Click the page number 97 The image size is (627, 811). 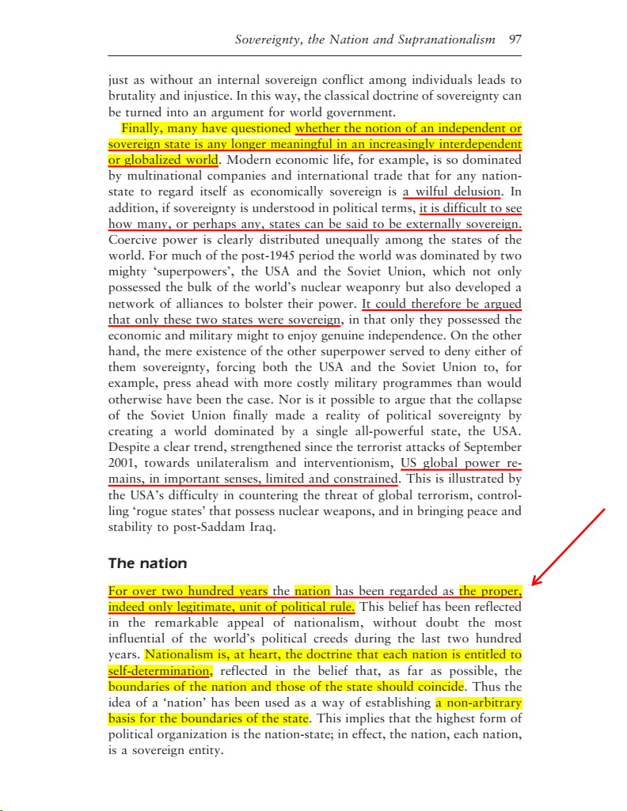[x=514, y=39]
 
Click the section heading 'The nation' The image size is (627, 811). [x=147, y=564]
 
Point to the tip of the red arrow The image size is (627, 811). [x=532, y=586]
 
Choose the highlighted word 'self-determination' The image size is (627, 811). [x=159, y=671]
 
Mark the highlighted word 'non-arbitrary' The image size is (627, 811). [x=479, y=703]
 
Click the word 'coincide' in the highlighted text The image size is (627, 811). [x=438, y=687]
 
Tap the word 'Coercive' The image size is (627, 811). [x=132, y=240]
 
